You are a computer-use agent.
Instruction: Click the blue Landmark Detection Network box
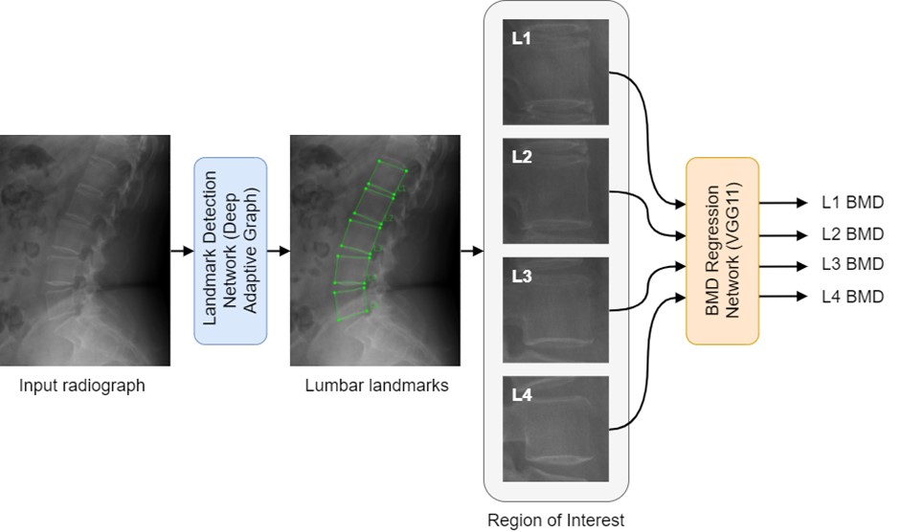tap(230, 251)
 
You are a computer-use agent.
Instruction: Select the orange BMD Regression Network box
tap(722, 251)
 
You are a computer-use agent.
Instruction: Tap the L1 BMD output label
tap(852, 204)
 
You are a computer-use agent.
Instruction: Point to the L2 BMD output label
tap(852, 233)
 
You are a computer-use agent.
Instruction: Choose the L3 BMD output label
tap(852, 264)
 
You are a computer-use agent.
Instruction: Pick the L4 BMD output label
tap(852, 297)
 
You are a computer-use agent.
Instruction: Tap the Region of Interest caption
tap(555, 521)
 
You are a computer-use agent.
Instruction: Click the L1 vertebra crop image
tap(555, 72)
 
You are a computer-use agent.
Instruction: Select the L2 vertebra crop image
tap(555, 191)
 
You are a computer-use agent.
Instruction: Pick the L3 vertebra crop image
tap(555, 309)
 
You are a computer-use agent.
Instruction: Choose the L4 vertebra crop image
tap(555, 429)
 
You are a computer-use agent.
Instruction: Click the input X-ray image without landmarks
tap(84, 251)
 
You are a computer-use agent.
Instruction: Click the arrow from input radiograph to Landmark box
tap(182, 252)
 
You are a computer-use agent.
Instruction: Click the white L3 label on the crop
tap(522, 276)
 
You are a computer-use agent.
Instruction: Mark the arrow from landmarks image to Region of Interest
tap(471, 252)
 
